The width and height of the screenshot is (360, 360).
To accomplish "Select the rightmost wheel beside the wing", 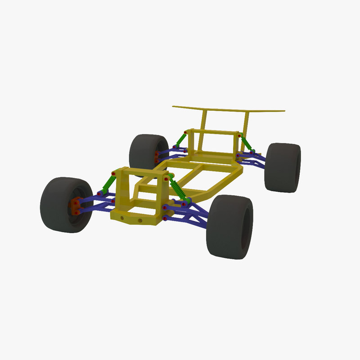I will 283,167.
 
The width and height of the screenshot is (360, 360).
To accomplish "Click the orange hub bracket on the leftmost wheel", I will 76,206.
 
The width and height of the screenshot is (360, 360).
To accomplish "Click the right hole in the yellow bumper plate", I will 140,221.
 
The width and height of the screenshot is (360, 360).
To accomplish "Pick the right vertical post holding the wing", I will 247,121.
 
